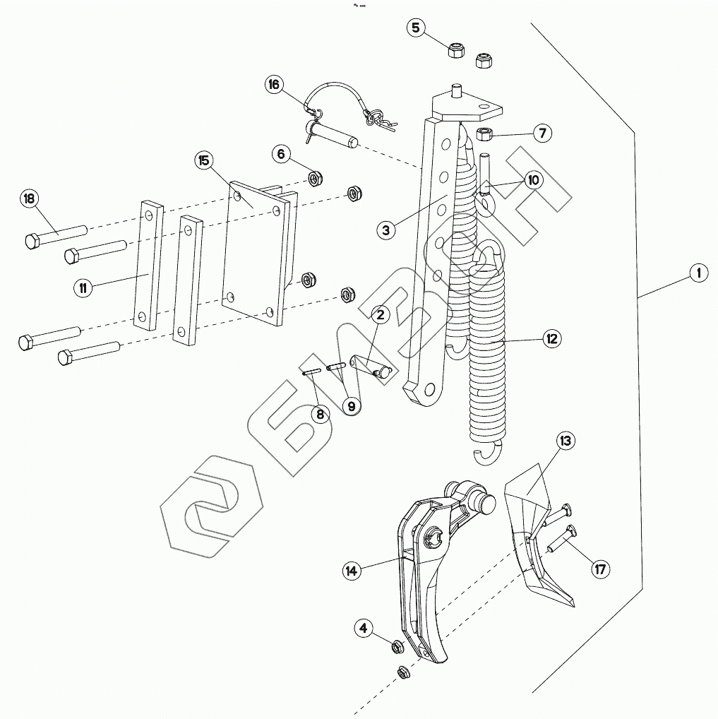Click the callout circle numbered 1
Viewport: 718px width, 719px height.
698,273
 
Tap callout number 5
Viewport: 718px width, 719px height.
416,28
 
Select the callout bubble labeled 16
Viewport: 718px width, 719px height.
273,85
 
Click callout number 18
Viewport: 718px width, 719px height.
29,198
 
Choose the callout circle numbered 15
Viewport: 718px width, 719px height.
203,161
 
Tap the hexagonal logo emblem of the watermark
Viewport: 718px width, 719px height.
211,505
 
